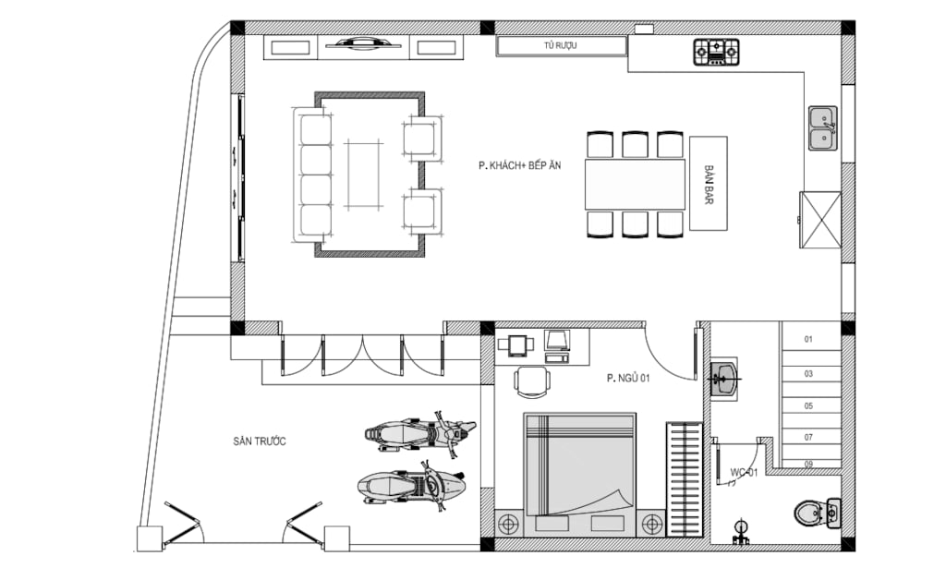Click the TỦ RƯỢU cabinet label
[x=560, y=45]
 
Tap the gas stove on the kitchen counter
[x=716, y=52]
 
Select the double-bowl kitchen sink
[x=823, y=127]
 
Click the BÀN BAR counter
[x=709, y=183]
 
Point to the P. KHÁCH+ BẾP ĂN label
[x=519, y=165]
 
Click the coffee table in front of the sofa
[x=364, y=175]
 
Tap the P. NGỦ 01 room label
[x=628, y=378]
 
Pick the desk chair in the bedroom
[x=532, y=381]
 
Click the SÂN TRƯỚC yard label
[x=260, y=441]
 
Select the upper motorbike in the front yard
[x=420, y=431]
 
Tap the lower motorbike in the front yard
[x=412, y=486]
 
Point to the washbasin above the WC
[x=723, y=380]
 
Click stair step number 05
[x=808, y=405]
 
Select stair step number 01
[x=808, y=340]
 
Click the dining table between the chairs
[x=635, y=184]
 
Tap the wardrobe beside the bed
[x=685, y=480]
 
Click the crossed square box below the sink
[x=820, y=220]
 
